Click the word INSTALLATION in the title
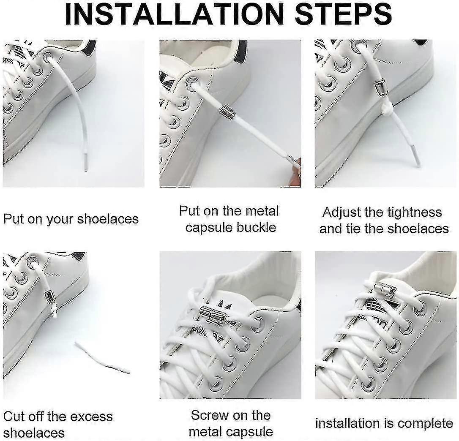pyautogui.click(x=175, y=14)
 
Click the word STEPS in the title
pyautogui.click(x=343, y=14)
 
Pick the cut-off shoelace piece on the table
pyautogui.click(x=102, y=357)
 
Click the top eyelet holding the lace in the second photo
pyautogui.click(x=193, y=84)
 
